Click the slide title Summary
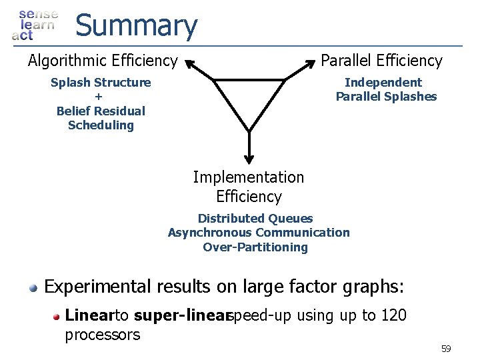tap(136, 26)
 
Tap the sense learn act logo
tap(35, 25)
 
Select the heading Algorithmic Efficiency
tap(103, 61)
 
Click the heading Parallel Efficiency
tap(381, 61)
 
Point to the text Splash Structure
tap(101, 83)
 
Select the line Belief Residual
tap(101, 111)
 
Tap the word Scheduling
tap(101, 125)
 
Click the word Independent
tap(383, 83)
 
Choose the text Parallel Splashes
tap(386, 97)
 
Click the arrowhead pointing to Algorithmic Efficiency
tap(191, 64)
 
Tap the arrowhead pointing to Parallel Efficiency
tap(308, 64)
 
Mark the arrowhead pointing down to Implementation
tap(249, 158)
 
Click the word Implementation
tap(248, 177)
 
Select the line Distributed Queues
tap(255, 219)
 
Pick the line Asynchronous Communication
tap(259, 233)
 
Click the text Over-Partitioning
tap(255, 247)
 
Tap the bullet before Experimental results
tap(33, 287)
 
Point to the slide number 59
tap(446, 349)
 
